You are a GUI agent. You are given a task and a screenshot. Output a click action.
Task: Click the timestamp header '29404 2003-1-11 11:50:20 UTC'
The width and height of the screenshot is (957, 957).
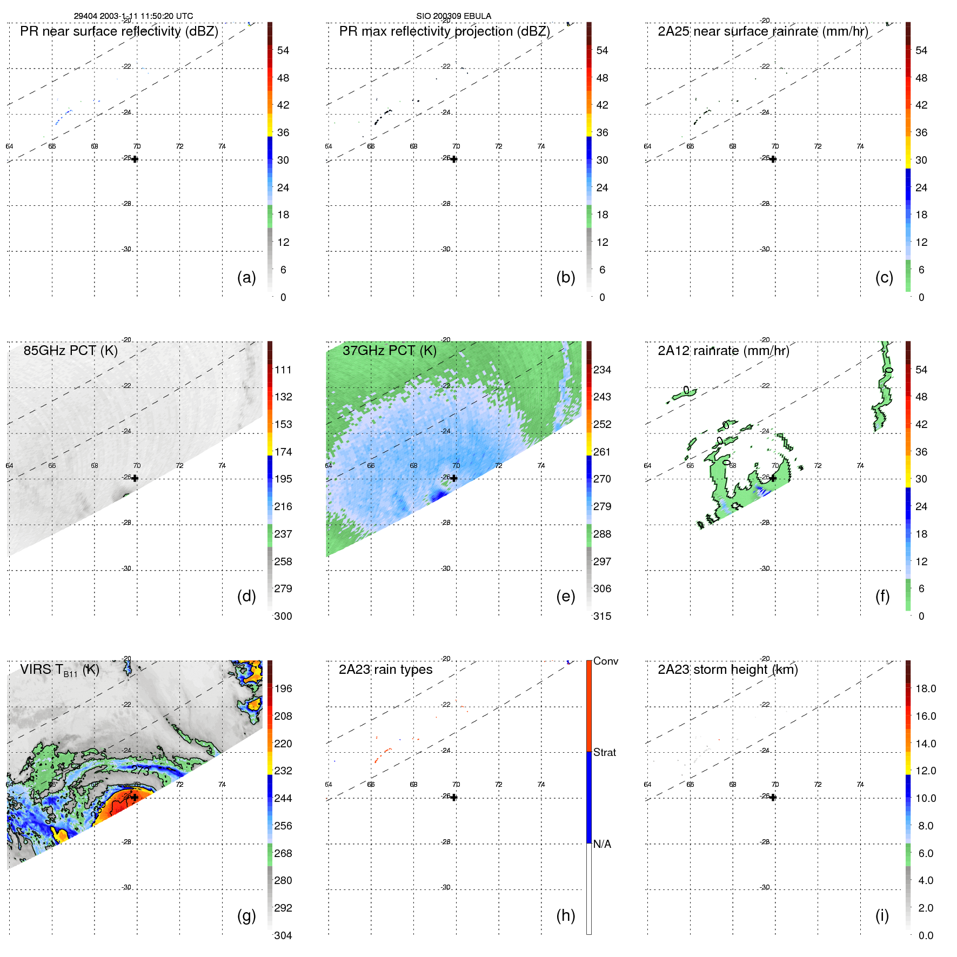tap(133, 16)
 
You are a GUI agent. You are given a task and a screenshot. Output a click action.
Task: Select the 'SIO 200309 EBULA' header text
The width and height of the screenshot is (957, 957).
tap(453, 16)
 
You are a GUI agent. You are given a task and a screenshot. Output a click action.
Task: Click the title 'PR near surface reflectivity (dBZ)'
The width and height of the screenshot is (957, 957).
tap(119, 31)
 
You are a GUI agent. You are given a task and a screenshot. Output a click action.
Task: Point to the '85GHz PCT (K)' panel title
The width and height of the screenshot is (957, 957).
tap(70, 350)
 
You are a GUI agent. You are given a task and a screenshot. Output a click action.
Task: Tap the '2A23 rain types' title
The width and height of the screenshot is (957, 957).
tap(385, 670)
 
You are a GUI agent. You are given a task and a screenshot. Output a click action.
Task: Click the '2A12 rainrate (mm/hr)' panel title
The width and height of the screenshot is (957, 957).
tap(723, 350)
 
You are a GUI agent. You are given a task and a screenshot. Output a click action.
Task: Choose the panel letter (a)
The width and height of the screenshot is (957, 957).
tap(246, 277)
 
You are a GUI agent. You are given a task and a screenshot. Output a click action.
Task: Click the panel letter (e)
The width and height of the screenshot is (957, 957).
tap(565, 596)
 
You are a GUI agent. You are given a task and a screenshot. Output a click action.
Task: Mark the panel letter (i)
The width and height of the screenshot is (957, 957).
tap(882, 915)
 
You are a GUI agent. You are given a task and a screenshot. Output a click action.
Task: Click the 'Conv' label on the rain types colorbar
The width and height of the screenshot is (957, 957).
tap(605, 661)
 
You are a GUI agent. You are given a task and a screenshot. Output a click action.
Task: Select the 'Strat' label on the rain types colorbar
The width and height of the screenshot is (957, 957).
tap(604, 752)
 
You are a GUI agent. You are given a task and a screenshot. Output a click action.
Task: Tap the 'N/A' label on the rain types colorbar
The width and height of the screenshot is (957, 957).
tap(602, 844)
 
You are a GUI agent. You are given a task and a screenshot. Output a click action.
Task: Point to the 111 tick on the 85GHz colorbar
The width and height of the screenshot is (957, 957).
tap(283, 370)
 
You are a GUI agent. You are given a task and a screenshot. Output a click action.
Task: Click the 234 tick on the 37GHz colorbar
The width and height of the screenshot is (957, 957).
tap(602, 370)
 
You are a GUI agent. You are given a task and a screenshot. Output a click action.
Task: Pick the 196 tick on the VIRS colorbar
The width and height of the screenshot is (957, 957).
tap(283, 688)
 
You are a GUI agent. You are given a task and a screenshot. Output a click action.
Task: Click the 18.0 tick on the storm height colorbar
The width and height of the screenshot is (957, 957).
tap(925, 688)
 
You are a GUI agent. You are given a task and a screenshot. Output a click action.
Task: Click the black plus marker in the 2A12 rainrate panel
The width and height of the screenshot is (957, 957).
tap(773, 478)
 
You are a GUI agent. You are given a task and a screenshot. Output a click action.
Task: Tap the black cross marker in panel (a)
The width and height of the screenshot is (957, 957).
tap(135, 159)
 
